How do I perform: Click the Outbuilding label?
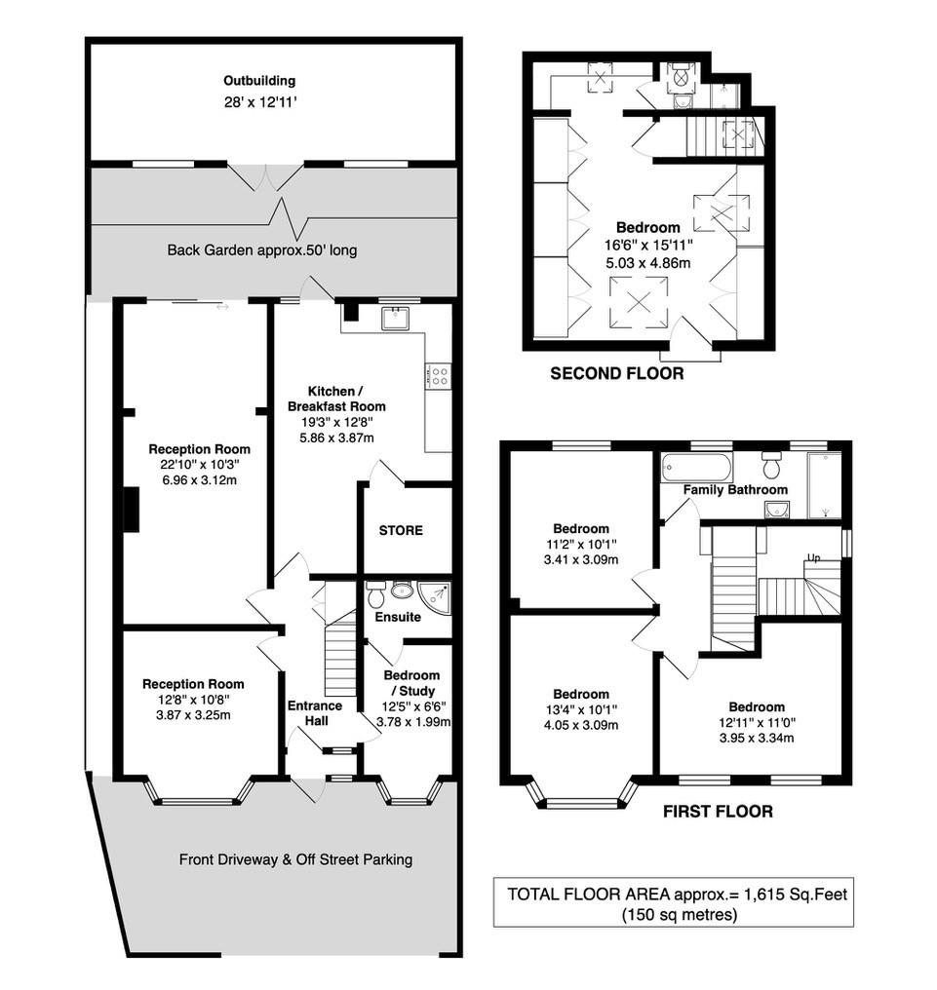pyautogui.click(x=258, y=81)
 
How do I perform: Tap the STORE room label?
pyautogui.click(x=401, y=531)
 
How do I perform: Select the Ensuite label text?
pyautogui.click(x=398, y=617)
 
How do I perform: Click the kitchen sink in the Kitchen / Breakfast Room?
pyautogui.click(x=396, y=317)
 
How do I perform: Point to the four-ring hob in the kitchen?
pyautogui.click(x=438, y=375)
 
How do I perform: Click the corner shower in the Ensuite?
pyautogui.click(x=440, y=595)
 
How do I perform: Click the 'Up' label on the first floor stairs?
pyautogui.click(x=812, y=558)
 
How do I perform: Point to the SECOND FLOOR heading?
pyautogui.click(x=616, y=373)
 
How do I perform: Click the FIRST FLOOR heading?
pyautogui.click(x=718, y=811)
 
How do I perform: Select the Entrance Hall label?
pyautogui.click(x=314, y=713)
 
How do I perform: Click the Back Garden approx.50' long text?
pyautogui.click(x=262, y=250)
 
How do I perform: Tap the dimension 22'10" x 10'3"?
pyautogui.click(x=199, y=466)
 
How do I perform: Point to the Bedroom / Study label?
pyautogui.click(x=410, y=690)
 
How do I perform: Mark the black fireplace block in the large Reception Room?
pyautogui.click(x=131, y=510)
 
